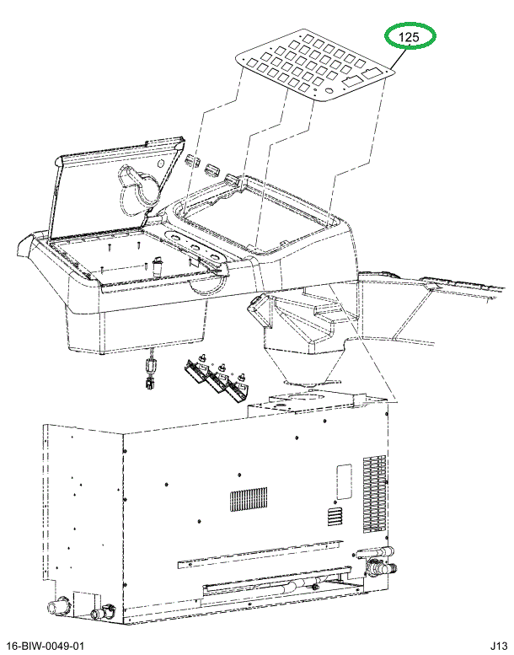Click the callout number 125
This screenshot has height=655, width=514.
point(409,37)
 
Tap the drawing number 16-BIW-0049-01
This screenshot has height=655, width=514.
point(46,646)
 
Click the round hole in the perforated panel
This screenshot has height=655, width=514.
point(329,91)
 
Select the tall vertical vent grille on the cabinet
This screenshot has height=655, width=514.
point(374,494)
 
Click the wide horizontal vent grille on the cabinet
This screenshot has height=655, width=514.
point(249,499)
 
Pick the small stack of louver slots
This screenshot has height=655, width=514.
point(335,518)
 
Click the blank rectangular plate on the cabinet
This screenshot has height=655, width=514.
point(344,481)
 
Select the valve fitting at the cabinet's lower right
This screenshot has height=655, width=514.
point(377,563)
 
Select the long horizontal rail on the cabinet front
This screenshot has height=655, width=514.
point(260,555)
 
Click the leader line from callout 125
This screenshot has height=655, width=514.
point(399,56)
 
